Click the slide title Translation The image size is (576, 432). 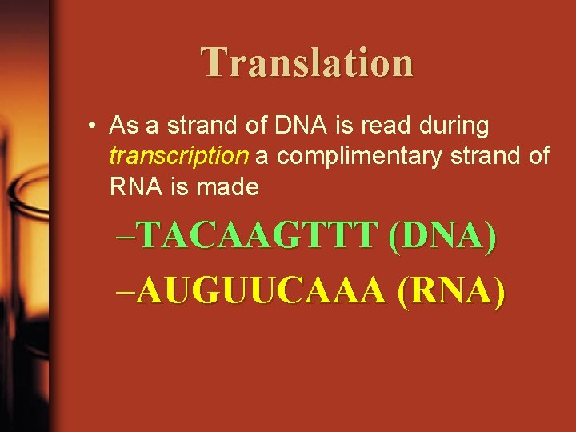307,62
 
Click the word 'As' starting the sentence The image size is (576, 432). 122,126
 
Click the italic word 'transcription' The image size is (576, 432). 180,156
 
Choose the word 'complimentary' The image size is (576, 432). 361,156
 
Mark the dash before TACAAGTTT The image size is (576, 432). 126,238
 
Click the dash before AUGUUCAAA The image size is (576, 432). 126,294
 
